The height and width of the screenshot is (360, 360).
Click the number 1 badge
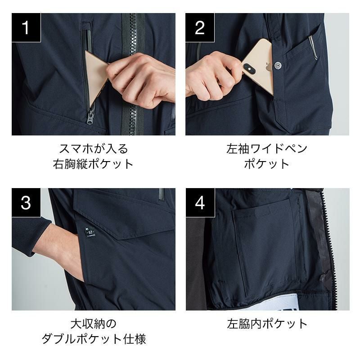point(26,27)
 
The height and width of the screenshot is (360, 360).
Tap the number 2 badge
point(200,27)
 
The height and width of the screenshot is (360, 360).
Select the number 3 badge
point(26,203)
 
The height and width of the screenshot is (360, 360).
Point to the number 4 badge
point(200,203)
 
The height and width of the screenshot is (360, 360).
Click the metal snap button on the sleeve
point(278,66)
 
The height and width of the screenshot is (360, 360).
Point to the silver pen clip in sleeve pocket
point(313,47)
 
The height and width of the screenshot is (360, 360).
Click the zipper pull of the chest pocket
point(90,117)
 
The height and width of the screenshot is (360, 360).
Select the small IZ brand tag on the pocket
point(90,233)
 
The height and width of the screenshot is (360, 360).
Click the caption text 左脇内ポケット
point(267,324)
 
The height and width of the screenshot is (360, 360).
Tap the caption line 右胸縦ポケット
point(93,164)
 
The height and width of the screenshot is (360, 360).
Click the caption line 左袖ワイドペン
point(267,149)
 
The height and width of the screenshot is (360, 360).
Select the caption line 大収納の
point(94,324)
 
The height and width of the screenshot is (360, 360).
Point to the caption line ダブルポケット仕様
point(94,339)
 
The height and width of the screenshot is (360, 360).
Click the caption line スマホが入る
point(94,149)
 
